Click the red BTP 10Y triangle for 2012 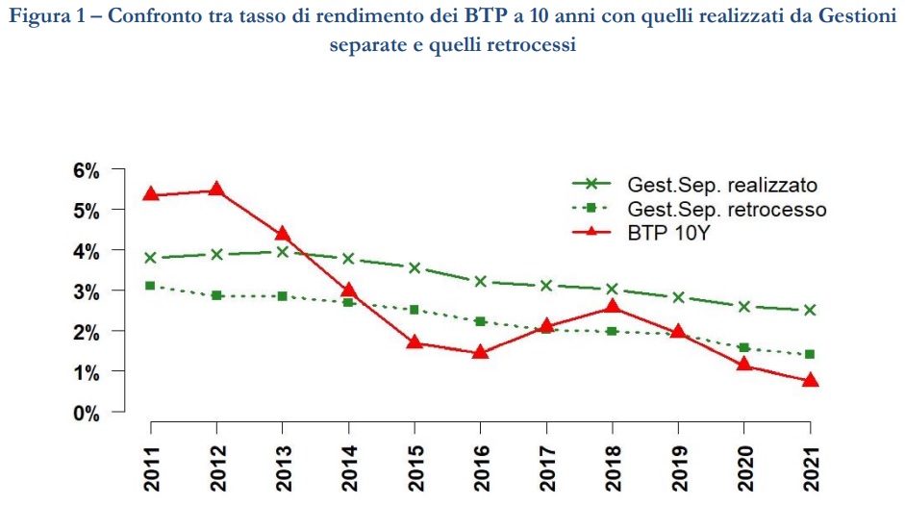(x=216, y=189)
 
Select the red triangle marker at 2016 (x=481, y=352)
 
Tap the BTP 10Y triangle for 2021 (x=810, y=381)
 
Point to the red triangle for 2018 (x=613, y=307)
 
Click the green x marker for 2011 (x=150, y=258)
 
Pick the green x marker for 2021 (x=810, y=310)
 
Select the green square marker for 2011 (x=150, y=286)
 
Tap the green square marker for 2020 (x=744, y=347)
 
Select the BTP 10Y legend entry (x=672, y=232)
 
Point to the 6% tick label (x=87, y=170)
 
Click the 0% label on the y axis (x=87, y=413)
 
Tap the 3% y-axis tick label (x=87, y=291)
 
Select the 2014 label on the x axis (x=348, y=467)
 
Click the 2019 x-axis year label (x=678, y=467)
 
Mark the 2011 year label (x=151, y=467)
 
